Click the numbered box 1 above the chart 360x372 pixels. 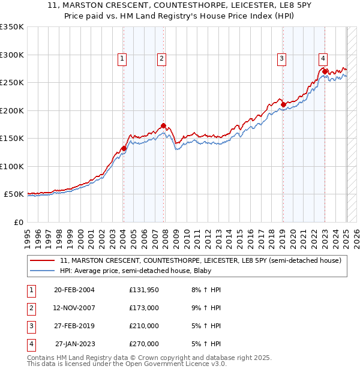pos(122,58)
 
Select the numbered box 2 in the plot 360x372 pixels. pos(162,58)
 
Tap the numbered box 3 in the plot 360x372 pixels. pos(281,58)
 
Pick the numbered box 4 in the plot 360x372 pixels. pos(323,58)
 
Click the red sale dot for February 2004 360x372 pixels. pos(124,148)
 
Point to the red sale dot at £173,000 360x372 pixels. pos(164,125)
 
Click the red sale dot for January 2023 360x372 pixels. pos(325,71)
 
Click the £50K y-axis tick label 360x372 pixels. pos(14,194)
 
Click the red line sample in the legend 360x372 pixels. pos(43,260)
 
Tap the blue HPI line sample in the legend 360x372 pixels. pos(43,271)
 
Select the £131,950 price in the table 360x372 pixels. pos(144,290)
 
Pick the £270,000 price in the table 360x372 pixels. pos(144,344)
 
